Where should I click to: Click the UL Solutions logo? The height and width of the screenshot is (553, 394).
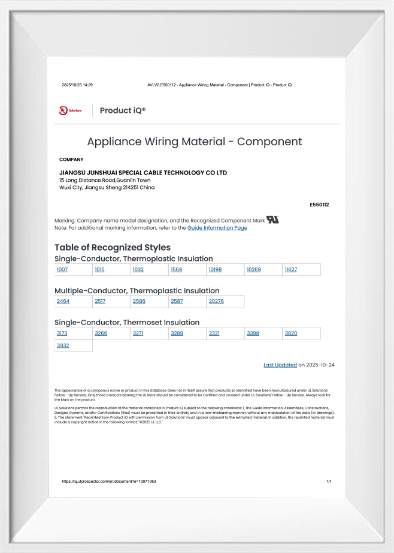click(x=70, y=110)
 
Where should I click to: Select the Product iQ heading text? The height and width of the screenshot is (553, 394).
click(x=123, y=110)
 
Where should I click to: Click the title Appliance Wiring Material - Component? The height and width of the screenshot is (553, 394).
click(x=195, y=142)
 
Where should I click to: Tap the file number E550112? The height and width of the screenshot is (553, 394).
click(x=319, y=205)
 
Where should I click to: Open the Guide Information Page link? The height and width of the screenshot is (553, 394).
click(x=217, y=228)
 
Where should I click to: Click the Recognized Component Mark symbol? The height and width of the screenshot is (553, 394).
click(x=273, y=220)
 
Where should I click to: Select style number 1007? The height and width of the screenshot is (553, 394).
click(x=62, y=270)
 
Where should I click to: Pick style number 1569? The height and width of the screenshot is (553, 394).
click(x=177, y=270)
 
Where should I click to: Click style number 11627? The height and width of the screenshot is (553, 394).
click(x=291, y=270)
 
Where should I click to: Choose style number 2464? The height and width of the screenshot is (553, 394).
click(x=63, y=302)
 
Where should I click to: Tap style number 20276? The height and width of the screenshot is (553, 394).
click(x=216, y=302)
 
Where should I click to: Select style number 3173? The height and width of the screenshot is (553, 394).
click(x=62, y=333)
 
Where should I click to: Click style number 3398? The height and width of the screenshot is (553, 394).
click(x=253, y=333)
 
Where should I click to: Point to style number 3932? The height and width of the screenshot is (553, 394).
click(x=63, y=345)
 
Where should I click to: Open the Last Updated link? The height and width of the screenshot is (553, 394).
click(x=280, y=365)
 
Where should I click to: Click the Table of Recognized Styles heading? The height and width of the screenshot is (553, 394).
click(x=113, y=247)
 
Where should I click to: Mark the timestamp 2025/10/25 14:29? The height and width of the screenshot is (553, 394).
click(x=77, y=85)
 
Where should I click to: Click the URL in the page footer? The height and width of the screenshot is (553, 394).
click(x=109, y=482)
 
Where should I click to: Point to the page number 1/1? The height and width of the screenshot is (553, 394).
click(x=329, y=482)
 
